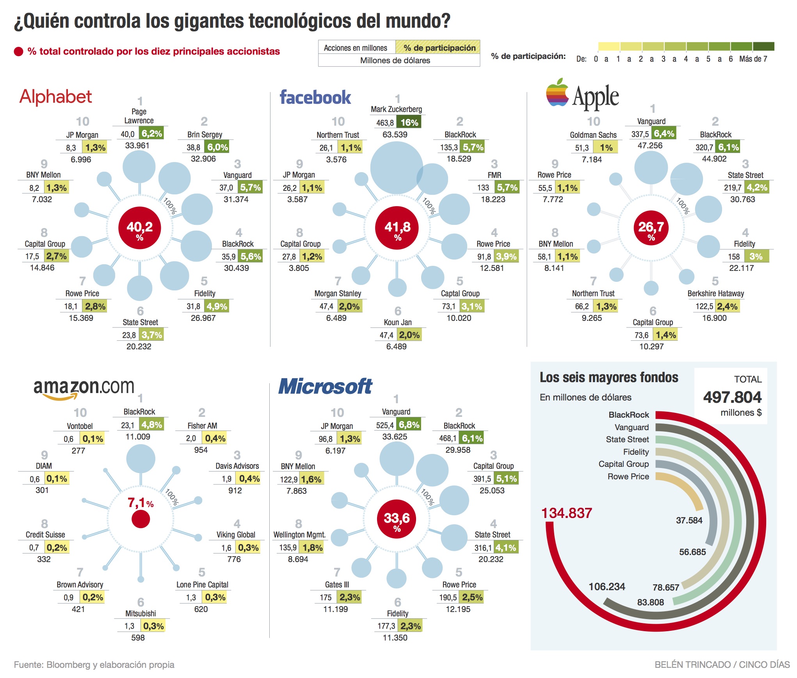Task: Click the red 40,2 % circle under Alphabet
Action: click(x=139, y=228)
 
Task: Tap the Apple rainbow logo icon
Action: click(x=557, y=93)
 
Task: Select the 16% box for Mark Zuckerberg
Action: click(x=409, y=123)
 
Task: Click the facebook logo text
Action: click(x=315, y=97)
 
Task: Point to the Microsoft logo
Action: click(x=325, y=386)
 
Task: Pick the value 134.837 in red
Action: click(x=566, y=513)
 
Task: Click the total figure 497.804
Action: click(x=732, y=397)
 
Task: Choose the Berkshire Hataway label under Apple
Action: click(x=715, y=294)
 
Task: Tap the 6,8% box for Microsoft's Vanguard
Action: click(x=409, y=425)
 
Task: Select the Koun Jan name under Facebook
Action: click(x=397, y=322)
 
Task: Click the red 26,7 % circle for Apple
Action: click(x=651, y=228)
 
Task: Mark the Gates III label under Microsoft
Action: click(x=337, y=585)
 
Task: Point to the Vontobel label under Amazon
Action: click(x=80, y=426)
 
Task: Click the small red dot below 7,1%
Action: click(x=141, y=520)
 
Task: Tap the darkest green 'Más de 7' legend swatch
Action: click(x=763, y=47)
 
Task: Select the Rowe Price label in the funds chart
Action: click(x=628, y=477)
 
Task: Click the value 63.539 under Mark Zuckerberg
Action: click(x=395, y=135)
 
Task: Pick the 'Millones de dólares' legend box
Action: click(x=395, y=61)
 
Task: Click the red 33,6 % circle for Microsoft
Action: click(x=397, y=519)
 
